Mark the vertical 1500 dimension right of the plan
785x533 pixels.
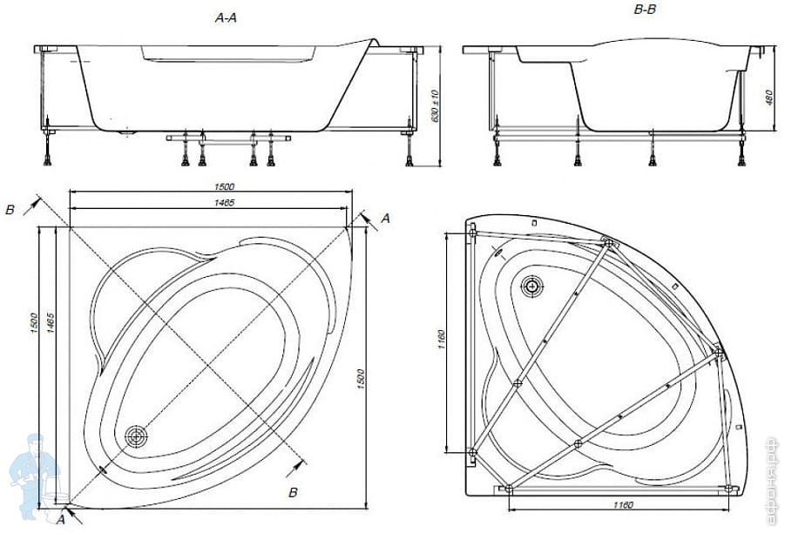361,380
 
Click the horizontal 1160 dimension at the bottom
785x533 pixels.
620,506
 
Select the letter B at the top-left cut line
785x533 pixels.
10,210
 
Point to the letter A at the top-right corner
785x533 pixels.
385,219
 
